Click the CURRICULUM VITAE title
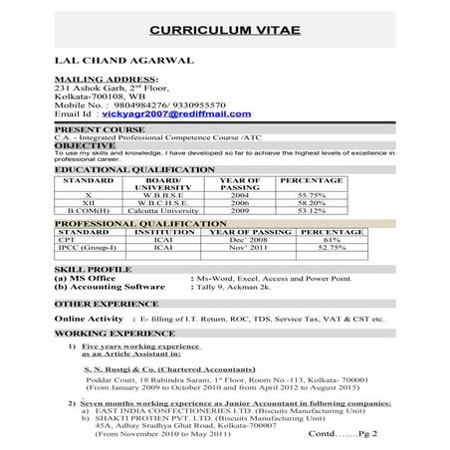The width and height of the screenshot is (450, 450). [x=224, y=31]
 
